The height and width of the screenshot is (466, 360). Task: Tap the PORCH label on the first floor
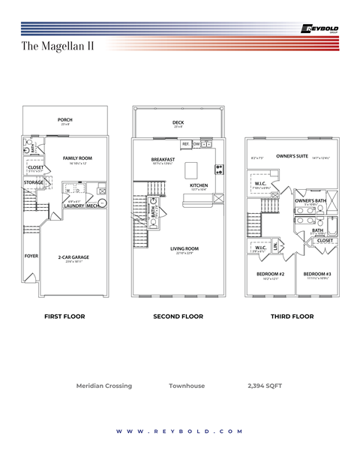coord(65,120)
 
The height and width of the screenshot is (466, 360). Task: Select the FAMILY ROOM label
coord(77,158)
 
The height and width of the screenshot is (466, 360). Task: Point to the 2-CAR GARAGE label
coord(73,257)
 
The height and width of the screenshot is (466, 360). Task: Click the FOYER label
coord(31,256)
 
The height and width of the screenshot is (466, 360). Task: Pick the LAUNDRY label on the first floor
coord(73,206)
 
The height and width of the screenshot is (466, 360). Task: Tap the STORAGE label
coord(34,182)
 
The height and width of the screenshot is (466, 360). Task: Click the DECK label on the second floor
coord(178,122)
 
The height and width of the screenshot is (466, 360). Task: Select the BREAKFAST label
coord(163,159)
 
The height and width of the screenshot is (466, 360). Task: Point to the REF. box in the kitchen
coord(184,144)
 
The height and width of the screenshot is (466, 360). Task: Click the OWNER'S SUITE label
coord(292,156)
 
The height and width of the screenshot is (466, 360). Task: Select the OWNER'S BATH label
coord(310,201)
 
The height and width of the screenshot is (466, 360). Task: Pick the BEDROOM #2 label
coord(270,275)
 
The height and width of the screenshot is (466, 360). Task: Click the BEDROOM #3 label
coord(317,275)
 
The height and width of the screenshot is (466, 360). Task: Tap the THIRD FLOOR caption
coord(292,317)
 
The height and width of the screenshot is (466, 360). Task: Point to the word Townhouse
coord(187,386)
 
